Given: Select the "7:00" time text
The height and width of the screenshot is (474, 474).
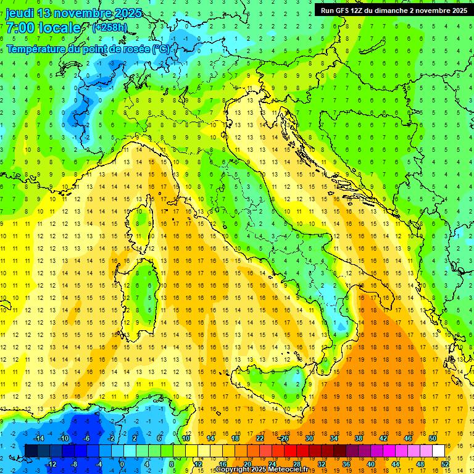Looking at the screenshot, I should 20,28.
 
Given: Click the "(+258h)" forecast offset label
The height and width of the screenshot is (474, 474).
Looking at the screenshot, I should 110,28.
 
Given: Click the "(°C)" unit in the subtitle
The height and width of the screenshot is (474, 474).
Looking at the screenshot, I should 161,48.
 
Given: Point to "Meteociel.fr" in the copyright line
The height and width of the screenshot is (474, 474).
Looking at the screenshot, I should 288,470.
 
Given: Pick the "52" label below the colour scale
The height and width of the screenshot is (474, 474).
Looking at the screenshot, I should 445,464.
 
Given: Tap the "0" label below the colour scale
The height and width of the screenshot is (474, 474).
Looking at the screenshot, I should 122,464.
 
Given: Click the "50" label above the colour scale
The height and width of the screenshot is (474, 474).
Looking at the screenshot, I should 432,439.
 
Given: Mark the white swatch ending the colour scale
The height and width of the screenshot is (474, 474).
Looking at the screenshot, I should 438,451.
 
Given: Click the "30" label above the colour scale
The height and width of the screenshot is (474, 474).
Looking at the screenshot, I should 309,439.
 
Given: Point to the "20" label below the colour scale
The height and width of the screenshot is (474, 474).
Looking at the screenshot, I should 247,464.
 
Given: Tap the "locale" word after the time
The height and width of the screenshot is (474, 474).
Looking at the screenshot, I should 60,28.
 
